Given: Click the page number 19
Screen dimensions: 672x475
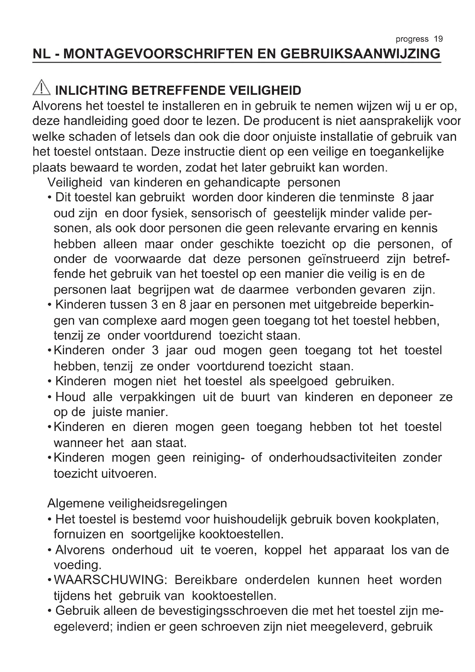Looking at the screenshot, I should tap(438, 39).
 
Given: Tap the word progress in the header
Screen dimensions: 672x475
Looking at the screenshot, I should tap(412, 39).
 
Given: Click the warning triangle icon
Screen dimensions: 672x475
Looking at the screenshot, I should tap(42, 88).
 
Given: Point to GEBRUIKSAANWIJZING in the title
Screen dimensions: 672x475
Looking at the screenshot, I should tap(360, 54).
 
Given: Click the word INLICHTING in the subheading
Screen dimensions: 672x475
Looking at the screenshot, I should tap(91, 91).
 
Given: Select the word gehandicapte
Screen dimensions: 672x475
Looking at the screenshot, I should tap(242, 183).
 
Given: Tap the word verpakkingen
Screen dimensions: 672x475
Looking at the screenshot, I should tap(157, 397).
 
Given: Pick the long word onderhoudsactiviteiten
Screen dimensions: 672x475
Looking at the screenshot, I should tap(332, 458).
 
